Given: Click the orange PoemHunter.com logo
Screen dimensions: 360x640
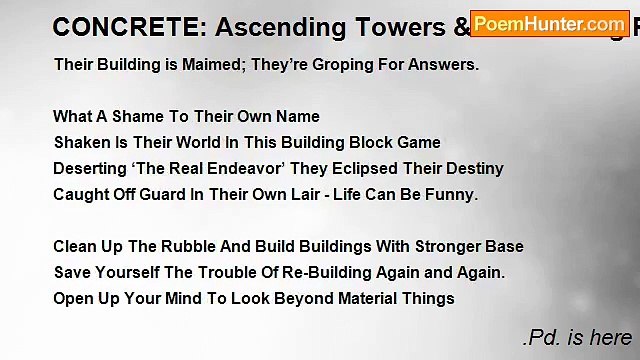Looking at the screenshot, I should [549, 23].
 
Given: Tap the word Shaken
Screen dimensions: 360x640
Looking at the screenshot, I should [80, 143].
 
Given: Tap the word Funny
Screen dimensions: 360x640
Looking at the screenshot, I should [452, 195].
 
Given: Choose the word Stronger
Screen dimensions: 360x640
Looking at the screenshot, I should [446, 247].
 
